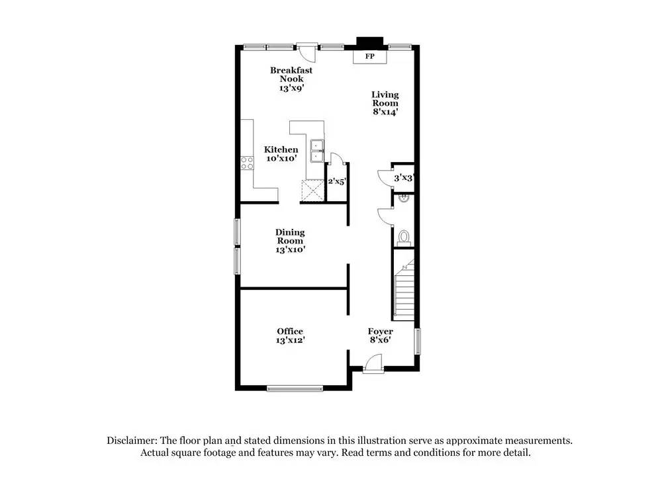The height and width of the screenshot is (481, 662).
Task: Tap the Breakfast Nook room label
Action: pyautogui.click(x=291, y=75)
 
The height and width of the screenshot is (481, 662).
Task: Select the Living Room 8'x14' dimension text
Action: pyautogui.click(x=385, y=112)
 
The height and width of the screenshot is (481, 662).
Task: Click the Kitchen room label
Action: pyautogui.click(x=281, y=150)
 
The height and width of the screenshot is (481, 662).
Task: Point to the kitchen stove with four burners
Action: pyautogui.click(x=248, y=162)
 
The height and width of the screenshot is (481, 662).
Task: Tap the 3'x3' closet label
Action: pyautogui.click(x=403, y=178)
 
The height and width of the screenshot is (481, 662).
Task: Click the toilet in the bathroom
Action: pyautogui.click(x=404, y=237)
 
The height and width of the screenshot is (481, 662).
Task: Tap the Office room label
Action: pyautogui.click(x=290, y=331)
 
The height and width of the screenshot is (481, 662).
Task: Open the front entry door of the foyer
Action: pyautogui.click(x=373, y=363)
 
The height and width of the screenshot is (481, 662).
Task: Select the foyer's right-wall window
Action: pyautogui.click(x=418, y=342)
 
